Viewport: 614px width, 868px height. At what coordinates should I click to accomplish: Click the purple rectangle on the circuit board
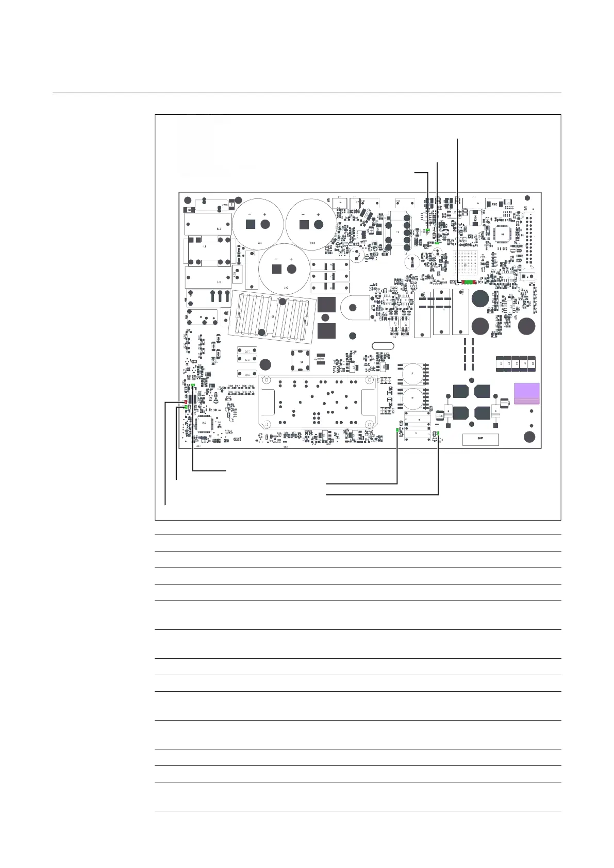pyautogui.click(x=526, y=394)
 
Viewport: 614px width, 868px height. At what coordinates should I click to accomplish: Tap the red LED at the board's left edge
pyautogui.click(x=185, y=402)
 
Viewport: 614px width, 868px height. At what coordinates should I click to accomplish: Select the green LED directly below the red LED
pyautogui.click(x=185, y=408)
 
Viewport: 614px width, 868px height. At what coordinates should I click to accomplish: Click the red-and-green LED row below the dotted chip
pyautogui.click(x=468, y=282)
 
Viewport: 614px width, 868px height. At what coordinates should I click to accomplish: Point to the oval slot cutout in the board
pyautogui.click(x=383, y=346)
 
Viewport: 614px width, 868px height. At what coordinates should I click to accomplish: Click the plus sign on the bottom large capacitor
pyautogui.click(x=291, y=259)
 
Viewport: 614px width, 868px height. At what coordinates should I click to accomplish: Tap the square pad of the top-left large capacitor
pyautogui.click(x=251, y=224)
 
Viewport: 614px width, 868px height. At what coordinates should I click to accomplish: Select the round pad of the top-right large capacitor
pyautogui.click(x=319, y=224)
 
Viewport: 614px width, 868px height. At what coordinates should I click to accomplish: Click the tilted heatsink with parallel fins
pyautogui.click(x=271, y=316)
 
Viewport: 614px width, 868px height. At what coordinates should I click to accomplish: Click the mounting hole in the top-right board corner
pyautogui.click(x=527, y=198)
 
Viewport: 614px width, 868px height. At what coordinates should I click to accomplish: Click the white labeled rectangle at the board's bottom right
pyautogui.click(x=480, y=440)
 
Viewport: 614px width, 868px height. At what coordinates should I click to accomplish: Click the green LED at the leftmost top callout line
pyautogui.click(x=428, y=230)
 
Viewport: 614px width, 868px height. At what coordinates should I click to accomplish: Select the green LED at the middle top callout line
pyautogui.click(x=437, y=242)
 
